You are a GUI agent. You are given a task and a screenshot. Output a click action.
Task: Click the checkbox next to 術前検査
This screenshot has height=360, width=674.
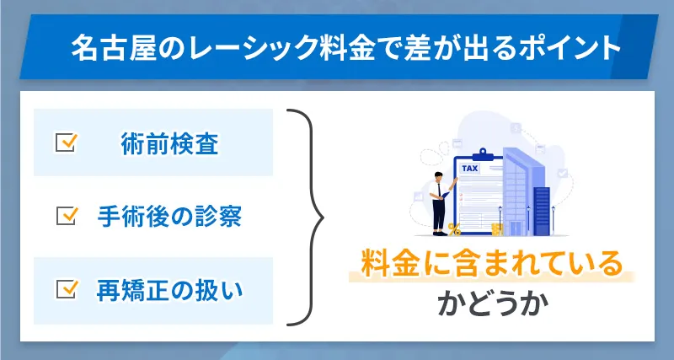point(65,142)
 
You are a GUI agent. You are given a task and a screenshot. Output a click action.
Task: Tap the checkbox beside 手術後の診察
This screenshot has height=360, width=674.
point(65,216)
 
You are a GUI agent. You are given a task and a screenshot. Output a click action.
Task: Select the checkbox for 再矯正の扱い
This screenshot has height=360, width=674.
point(65,289)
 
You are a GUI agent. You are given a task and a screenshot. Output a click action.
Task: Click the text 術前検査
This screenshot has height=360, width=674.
point(170,144)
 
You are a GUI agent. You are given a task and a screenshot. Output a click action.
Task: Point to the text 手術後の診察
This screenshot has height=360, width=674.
point(170,217)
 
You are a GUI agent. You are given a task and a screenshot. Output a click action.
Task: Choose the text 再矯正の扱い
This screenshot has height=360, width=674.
point(170,290)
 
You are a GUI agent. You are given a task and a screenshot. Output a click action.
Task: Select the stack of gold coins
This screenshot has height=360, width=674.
point(497,228)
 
